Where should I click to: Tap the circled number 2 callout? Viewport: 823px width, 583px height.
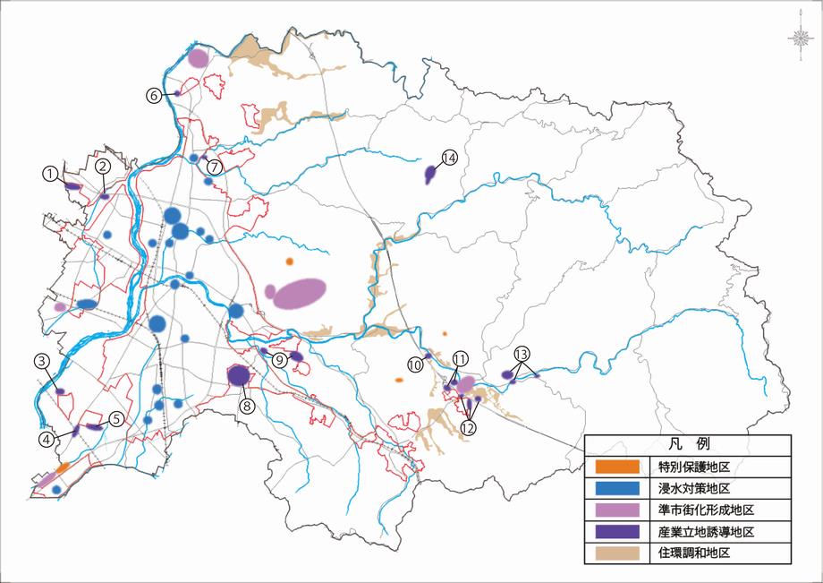(x=103, y=166)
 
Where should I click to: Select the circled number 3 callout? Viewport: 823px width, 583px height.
(x=41, y=361)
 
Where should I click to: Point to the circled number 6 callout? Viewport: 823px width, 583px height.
(x=154, y=94)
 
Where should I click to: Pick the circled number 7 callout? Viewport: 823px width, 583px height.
(x=214, y=167)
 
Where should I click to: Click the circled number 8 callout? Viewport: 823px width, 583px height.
(x=248, y=405)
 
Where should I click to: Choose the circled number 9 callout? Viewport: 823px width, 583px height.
(x=278, y=360)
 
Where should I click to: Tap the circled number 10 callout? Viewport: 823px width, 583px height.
(x=415, y=364)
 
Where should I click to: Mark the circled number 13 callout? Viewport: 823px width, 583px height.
(x=522, y=352)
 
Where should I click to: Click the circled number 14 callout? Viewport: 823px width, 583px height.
(x=449, y=158)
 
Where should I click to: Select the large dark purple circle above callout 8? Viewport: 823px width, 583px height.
(x=238, y=375)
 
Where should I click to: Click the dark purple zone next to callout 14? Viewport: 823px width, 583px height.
(x=430, y=173)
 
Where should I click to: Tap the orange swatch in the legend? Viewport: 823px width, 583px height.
(x=617, y=467)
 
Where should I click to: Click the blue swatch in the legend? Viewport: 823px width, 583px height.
(x=617, y=488)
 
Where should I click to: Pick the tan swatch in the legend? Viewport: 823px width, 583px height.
(x=617, y=553)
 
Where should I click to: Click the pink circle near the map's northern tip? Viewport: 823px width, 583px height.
(x=198, y=58)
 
